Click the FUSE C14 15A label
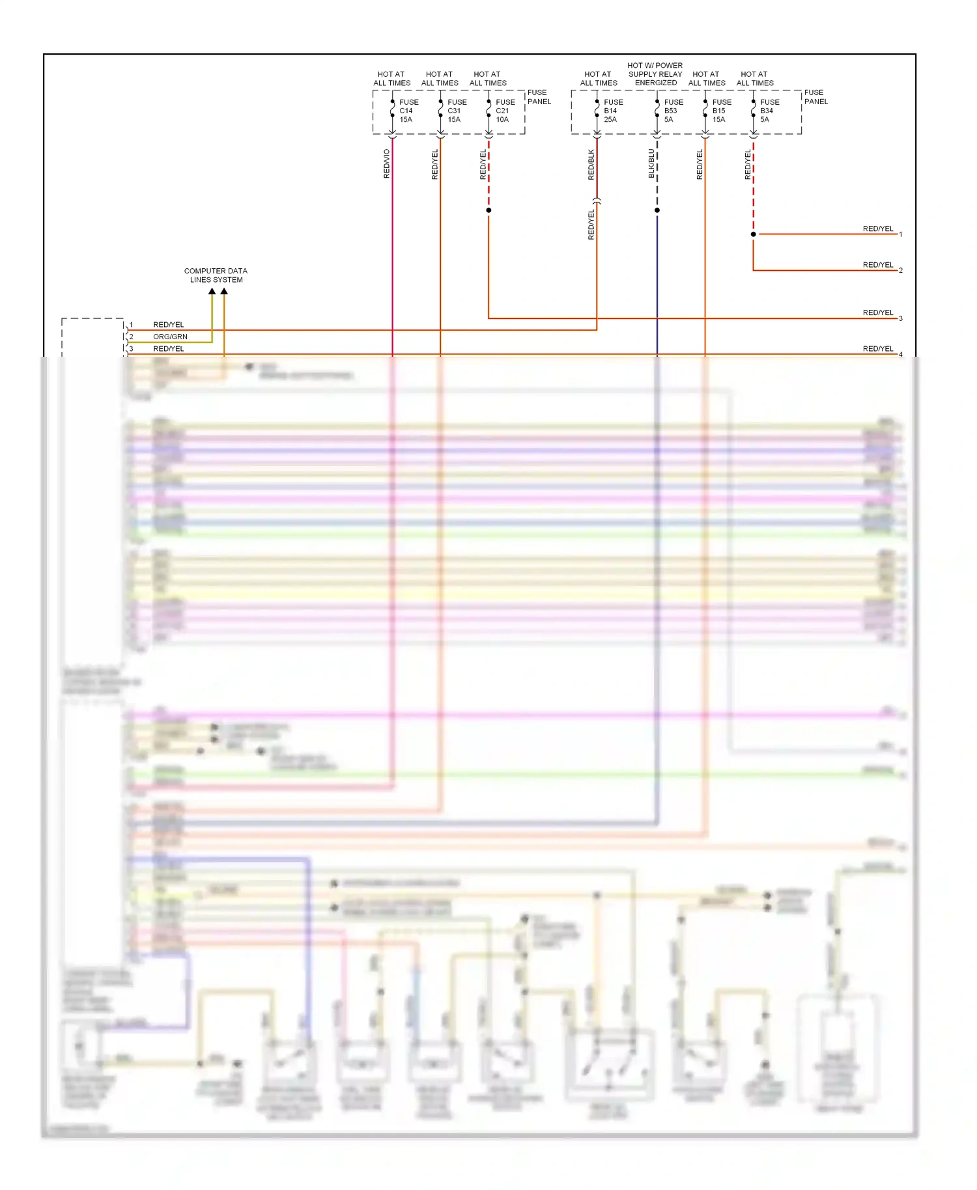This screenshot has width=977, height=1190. coord(408,111)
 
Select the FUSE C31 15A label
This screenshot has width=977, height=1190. coord(457,111)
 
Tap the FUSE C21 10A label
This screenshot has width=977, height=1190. coord(505,111)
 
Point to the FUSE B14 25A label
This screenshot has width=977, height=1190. coord(613,111)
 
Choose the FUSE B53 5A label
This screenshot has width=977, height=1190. coord(673,111)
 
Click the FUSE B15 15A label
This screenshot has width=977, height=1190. coord(721,111)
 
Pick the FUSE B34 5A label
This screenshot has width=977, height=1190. coord(769,111)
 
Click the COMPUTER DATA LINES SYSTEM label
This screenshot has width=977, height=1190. coord(216,275)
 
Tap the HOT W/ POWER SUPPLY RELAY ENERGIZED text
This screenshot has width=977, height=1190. coord(655,74)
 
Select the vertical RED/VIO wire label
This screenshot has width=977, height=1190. coord(387,164)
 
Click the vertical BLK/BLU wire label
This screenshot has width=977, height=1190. coord(651,164)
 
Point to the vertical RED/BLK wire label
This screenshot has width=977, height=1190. coord(591,165)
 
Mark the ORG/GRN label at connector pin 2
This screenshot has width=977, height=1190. coord(170,337)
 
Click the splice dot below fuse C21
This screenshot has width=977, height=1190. coord(488,210)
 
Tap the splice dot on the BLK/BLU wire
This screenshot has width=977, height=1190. coord(657,210)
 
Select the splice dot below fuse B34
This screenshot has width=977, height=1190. coord(754,234)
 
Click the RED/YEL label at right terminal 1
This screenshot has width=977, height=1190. coord(878,229)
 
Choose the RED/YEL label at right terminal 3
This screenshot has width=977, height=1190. coord(878,313)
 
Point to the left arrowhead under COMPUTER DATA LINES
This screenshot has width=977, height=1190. coord(212,292)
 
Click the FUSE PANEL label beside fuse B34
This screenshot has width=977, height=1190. coord(815,97)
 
